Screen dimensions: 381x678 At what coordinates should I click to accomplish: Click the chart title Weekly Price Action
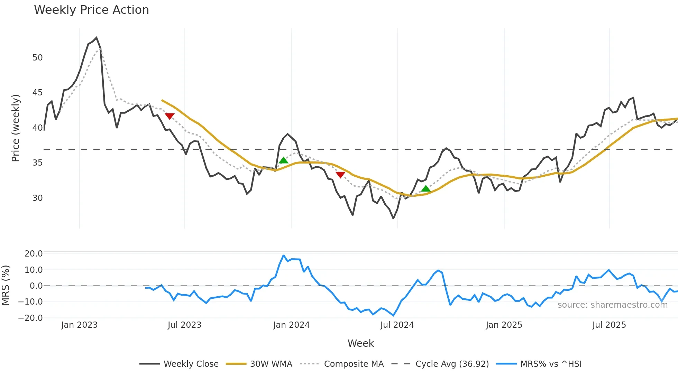(x=91, y=10)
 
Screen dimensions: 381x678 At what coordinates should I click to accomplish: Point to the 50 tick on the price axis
(x=38, y=58)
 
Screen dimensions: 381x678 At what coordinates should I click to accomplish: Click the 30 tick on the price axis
(x=38, y=198)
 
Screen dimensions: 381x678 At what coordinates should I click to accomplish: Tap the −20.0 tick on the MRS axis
(x=30, y=318)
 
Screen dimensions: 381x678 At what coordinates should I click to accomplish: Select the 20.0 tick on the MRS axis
(x=34, y=254)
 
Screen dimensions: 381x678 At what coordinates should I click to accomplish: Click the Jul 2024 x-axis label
(x=397, y=325)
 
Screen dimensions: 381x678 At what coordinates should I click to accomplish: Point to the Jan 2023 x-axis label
(x=79, y=325)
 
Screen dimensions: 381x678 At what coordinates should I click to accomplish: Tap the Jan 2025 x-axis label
(x=504, y=325)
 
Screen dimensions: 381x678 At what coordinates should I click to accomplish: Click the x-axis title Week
(x=360, y=343)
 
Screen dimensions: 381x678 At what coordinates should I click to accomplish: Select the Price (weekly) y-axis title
(x=16, y=128)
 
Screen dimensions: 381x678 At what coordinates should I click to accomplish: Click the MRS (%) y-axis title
(x=6, y=285)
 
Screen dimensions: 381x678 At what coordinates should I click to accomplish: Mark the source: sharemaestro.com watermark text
(x=612, y=305)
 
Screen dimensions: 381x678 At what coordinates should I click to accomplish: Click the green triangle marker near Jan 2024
(x=283, y=160)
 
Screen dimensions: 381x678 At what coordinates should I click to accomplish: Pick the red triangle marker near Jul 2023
(x=169, y=116)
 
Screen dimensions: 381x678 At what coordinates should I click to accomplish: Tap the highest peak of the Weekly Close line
(x=96, y=38)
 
